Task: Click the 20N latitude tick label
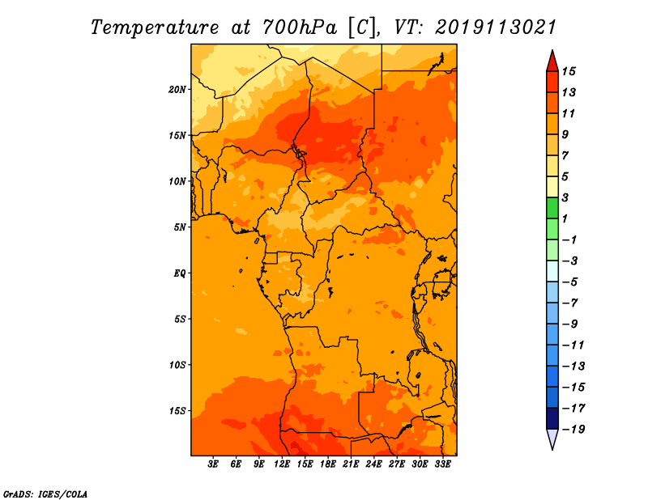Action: click(x=177, y=90)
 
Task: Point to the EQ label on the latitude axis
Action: click(x=180, y=273)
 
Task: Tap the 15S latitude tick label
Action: click(x=177, y=411)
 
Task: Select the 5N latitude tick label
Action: click(x=180, y=227)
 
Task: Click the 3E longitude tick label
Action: click(x=213, y=464)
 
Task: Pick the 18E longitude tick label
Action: click(x=328, y=464)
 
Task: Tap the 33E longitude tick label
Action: click(x=442, y=464)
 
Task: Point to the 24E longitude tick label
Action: click(x=373, y=464)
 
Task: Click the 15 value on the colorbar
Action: click(x=569, y=71)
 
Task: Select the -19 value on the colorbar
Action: click(x=573, y=430)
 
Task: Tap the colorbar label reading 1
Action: click(x=565, y=218)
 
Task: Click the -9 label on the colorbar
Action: click(x=570, y=324)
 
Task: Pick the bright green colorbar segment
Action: click(x=552, y=208)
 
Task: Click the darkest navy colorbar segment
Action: click(x=552, y=418)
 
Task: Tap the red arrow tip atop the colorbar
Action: click(x=552, y=51)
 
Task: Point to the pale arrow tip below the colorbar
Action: click(x=552, y=449)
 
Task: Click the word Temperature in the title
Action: click(x=155, y=28)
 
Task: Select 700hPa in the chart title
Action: click(x=300, y=28)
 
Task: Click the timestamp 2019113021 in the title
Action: click(x=496, y=28)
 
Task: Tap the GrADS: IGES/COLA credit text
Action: click(x=45, y=494)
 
